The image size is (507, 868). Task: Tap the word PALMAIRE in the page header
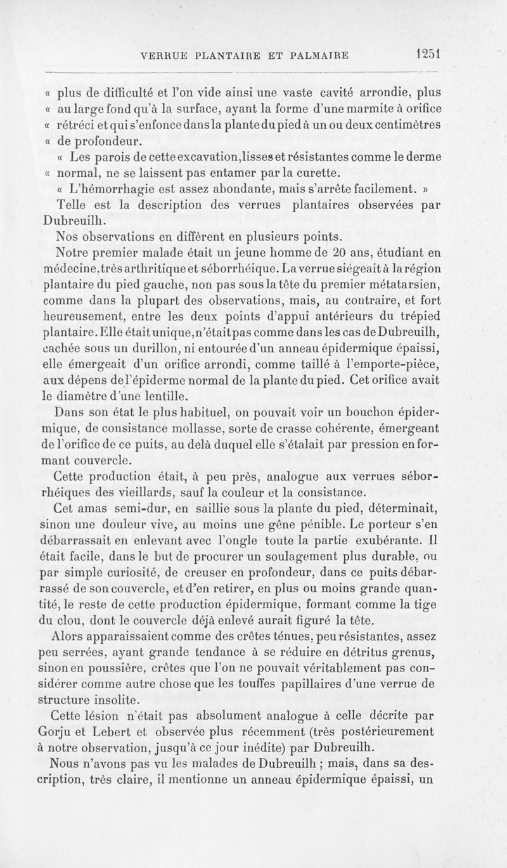(x=314, y=55)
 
